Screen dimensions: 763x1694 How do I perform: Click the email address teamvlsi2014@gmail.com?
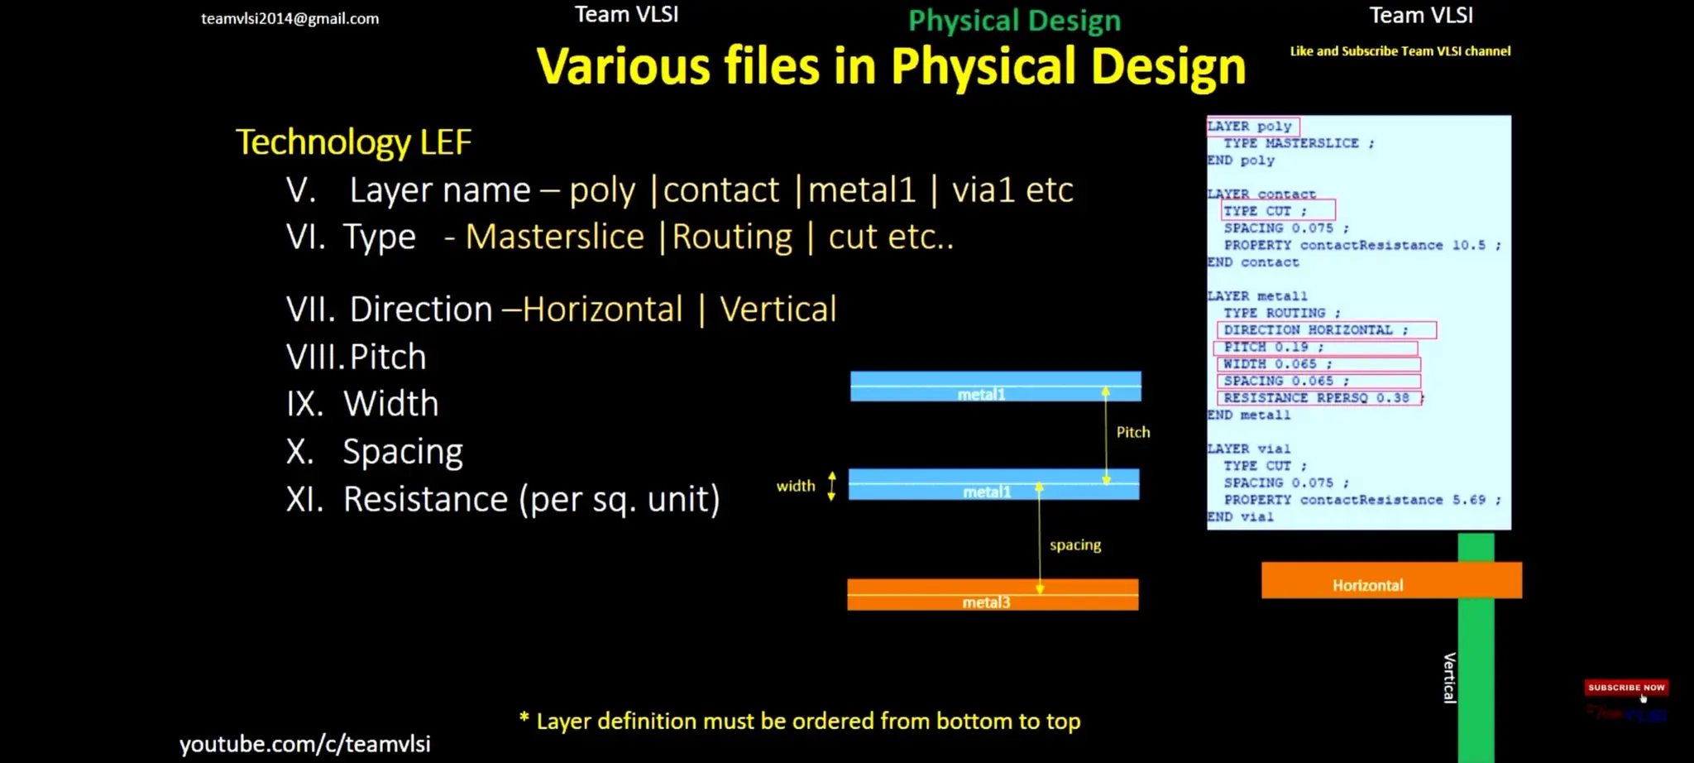click(290, 18)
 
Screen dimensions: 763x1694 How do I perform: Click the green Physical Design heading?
click(1014, 21)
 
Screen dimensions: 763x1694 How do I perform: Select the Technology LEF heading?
click(353, 142)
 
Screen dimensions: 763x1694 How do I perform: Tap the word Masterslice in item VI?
click(554, 238)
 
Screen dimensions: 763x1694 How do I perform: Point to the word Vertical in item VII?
click(778, 310)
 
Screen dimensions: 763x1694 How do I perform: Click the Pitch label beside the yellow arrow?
click(1132, 432)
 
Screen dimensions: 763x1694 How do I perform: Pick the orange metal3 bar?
click(993, 595)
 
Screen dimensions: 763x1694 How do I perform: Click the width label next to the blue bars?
click(795, 486)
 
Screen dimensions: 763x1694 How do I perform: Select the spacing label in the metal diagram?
click(1074, 545)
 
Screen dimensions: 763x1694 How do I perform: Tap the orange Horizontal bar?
click(1390, 581)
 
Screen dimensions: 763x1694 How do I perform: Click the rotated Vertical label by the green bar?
click(1449, 678)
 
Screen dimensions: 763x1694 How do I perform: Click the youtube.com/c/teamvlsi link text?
click(305, 744)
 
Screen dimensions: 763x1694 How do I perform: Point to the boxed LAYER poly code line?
click(1251, 127)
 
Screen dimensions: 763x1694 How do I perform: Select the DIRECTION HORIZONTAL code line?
click(1315, 330)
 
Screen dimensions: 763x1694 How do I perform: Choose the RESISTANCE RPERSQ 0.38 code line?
click(1316, 398)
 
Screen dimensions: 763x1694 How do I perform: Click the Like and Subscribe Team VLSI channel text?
click(1400, 51)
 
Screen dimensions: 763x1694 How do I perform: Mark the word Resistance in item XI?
click(425, 500)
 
